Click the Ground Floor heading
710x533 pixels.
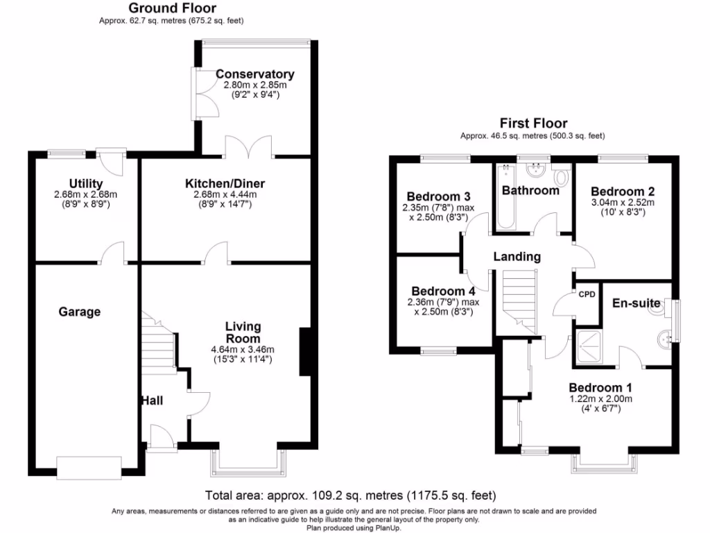tap(173, 8)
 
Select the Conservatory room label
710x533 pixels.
tap(254, 74)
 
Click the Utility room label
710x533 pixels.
tap(86, 184)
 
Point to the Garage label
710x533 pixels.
tap(79, 312)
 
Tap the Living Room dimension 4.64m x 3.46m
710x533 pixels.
tap(243, 349)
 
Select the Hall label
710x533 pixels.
tap(152, 400)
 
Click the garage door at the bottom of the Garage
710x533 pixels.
tap(89, 468)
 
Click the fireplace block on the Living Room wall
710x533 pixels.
tap(305, 352)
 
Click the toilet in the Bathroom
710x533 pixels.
tap(562, 176)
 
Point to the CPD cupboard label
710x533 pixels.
tap(587, 294)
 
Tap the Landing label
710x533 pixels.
tap(517, 257)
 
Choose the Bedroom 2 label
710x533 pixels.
tap(623, 191)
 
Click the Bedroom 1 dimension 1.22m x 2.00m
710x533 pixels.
tap(600, 398)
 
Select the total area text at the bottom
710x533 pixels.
tap(351, 496)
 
